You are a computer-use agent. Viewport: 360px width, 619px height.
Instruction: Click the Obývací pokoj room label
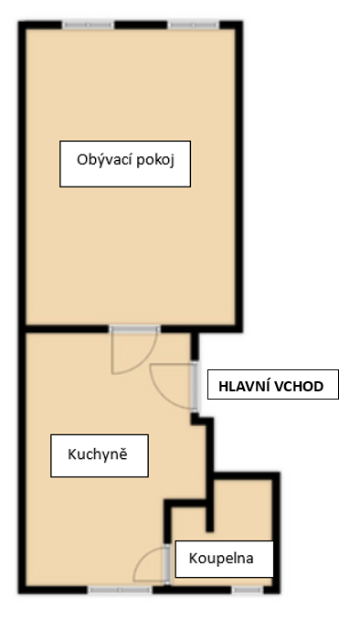(126, 164)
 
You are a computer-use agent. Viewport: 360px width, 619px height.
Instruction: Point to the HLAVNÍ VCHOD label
(272, 386)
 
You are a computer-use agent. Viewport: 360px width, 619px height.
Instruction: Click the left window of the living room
(88, 25)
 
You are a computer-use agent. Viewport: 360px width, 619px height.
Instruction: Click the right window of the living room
(193, 25)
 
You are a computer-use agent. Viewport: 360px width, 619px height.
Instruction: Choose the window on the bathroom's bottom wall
(246, 591)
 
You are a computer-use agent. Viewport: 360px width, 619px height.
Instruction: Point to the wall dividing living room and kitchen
(64, 329)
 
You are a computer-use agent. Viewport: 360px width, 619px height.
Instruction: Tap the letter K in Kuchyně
(71, 454)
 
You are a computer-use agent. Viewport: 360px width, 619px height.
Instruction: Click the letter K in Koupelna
(194, 557)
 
